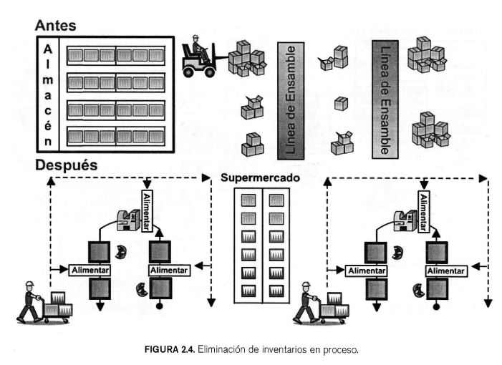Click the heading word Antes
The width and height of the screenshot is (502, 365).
(55, 25)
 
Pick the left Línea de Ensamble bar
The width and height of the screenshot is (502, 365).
(291, 100)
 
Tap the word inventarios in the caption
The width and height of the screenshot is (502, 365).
(294, 350)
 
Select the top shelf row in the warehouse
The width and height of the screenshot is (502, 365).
(115, 54)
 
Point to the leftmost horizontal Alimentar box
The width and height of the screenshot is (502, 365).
(90, 270)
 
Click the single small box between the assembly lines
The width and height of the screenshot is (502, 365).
(341, 103)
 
